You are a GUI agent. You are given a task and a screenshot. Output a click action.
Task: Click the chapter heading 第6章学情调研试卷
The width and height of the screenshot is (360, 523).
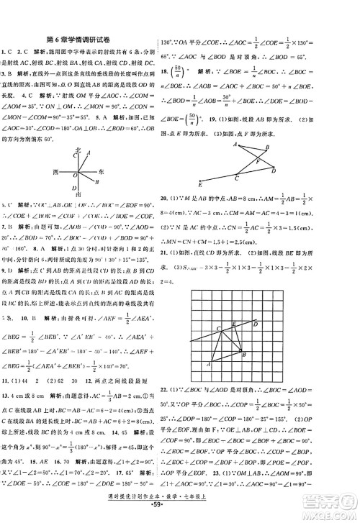coord(94,40)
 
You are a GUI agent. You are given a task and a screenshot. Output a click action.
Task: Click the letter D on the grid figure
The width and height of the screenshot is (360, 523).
coord(256,304)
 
